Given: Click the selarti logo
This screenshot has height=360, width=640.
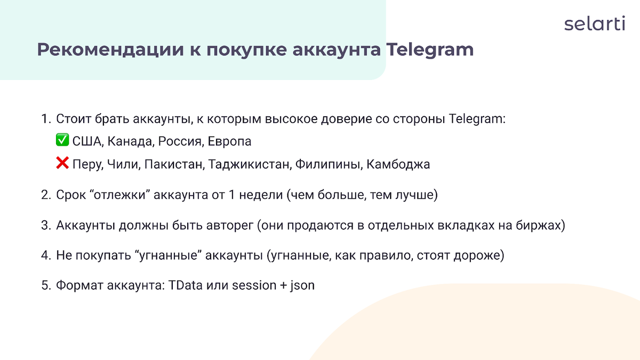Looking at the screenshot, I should (x=594, y=24).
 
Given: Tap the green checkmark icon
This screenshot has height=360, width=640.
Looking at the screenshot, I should (x=62, y=141).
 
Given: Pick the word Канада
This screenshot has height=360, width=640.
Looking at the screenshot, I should (x=130, y=142).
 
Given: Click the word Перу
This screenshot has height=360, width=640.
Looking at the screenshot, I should (x=86, y=165).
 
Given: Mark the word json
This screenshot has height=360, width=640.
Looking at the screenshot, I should (x=302, y=285).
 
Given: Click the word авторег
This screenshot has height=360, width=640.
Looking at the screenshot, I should (x=230, y=226).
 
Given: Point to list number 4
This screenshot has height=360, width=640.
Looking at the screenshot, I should (x=45, y=255).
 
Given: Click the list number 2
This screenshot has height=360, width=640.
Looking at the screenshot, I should (x=45, y=195).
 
